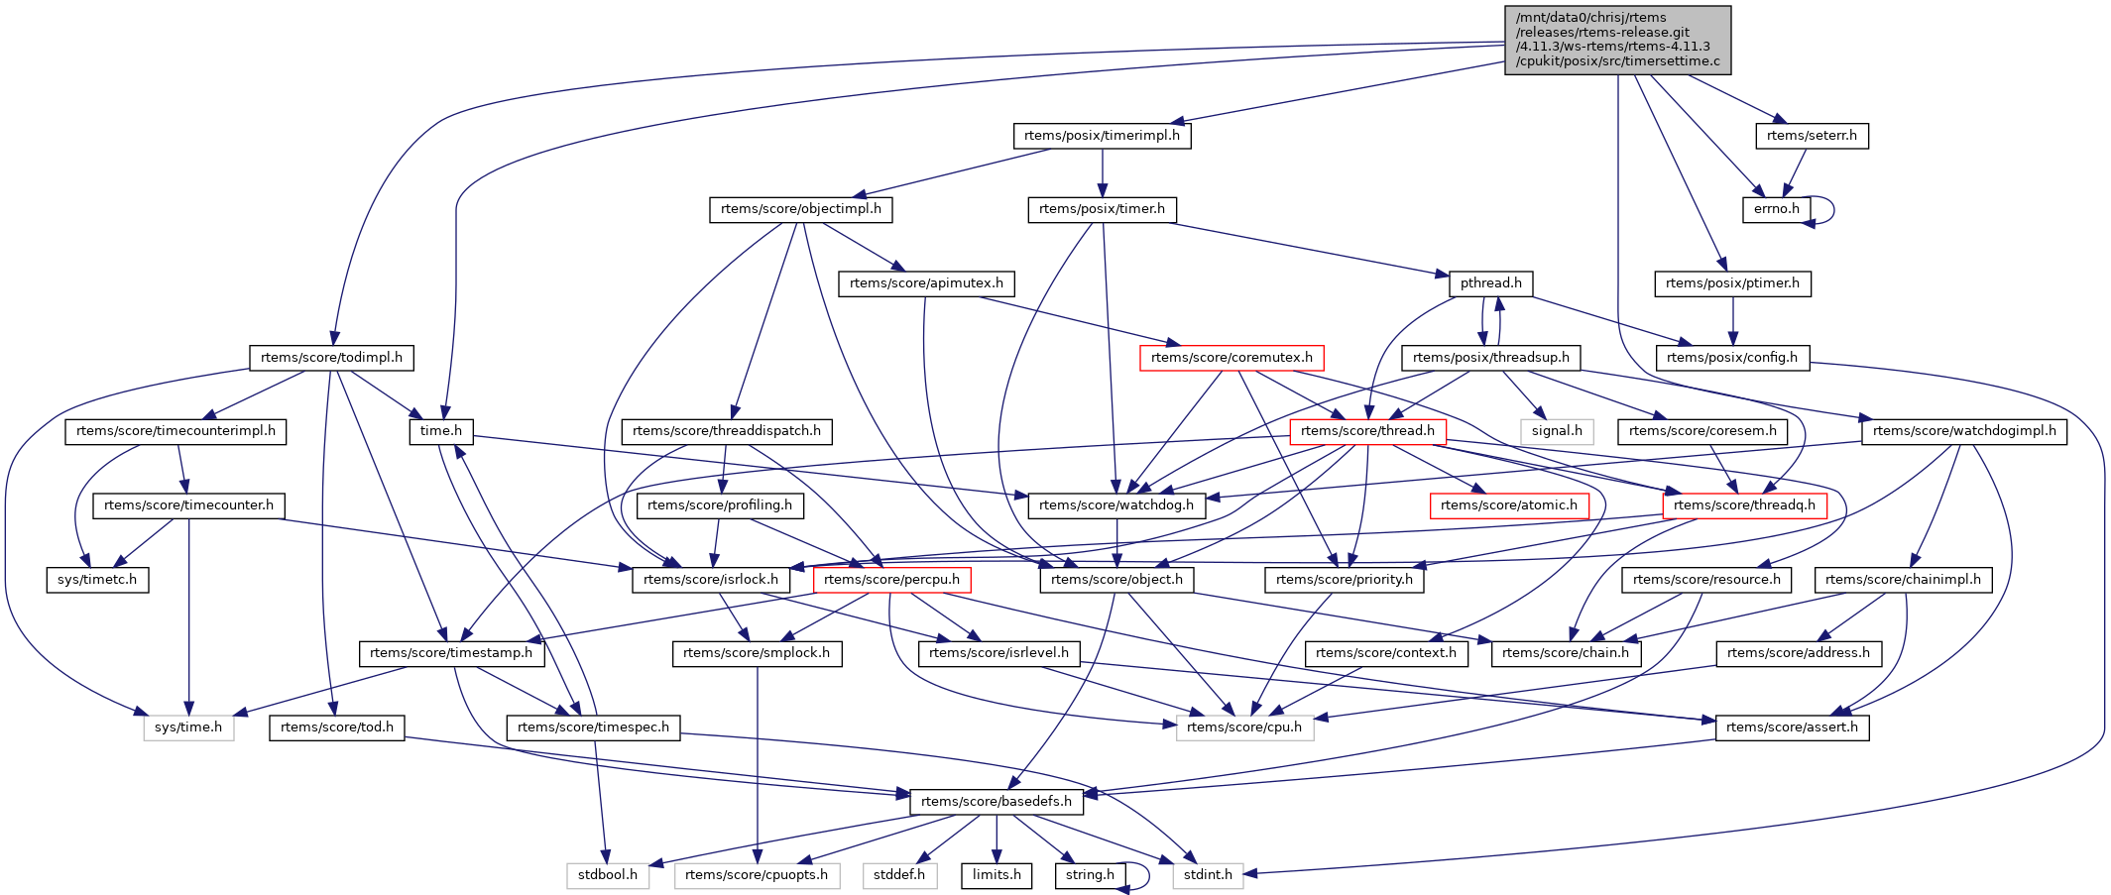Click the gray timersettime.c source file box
pos(1617,40)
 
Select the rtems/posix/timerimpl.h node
pos(1102,136)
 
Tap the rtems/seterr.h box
pos(1812,136)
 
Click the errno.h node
pos(1776,209)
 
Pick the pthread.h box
pos(1490,283)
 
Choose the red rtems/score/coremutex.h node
pos(1231,358)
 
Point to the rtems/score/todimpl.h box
pos(331,358)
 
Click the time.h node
pos(440,431)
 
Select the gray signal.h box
pos(1556,431)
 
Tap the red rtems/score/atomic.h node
pos(1508,505)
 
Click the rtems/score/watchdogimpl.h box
pos(1963,431)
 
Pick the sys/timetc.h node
pos(97,580)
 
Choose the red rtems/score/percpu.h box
pos(891,580)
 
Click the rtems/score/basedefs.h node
pos(996,801)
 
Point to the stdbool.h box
pos(608,875)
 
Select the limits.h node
pos(997,875)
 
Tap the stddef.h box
pos(899,875)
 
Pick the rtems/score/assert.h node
pos(1792,727)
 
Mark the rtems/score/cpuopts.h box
pos(757,875)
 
